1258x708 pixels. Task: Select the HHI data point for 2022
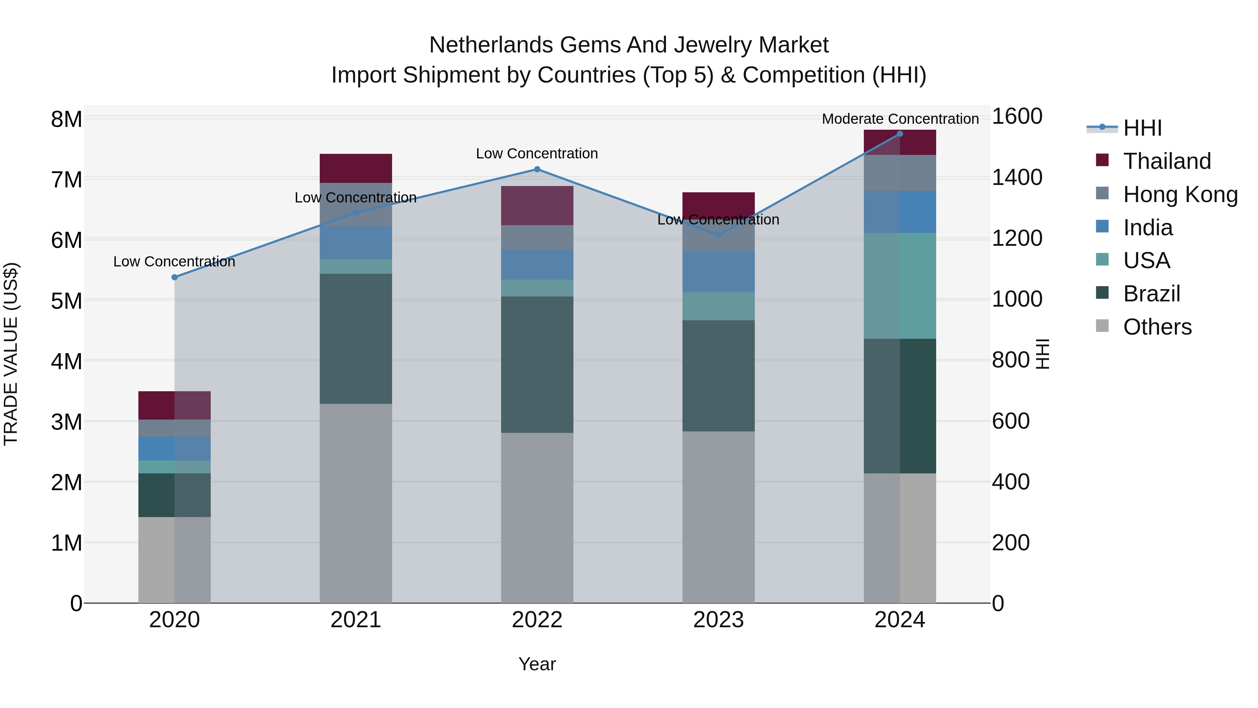tap(537, 170)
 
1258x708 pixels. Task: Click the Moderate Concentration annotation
tap(900, 119)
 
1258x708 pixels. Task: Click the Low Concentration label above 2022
tap(537, 154)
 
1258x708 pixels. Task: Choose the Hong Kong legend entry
tap(1180, 194)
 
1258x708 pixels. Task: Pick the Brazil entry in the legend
tap(1151, 294)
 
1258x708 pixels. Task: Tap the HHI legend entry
tap(1142, 128)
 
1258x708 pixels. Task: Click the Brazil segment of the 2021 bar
tap(355, 338)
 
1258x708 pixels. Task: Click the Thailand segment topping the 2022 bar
tap(537, 206)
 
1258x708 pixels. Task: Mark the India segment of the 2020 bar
tap(174, 449)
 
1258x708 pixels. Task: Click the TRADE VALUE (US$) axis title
tap(11, 354)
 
